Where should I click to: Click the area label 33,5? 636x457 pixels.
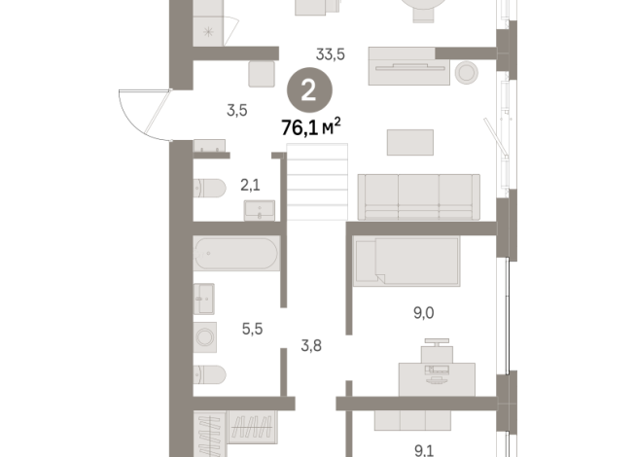coord(332,54)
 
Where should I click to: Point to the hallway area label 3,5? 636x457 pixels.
coord(236,109)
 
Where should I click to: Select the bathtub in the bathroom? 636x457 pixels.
coord(236,254)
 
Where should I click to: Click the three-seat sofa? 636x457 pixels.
coord(419,195)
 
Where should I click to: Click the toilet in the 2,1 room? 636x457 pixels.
coord(210,187)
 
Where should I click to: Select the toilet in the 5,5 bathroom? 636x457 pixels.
coord(210,374)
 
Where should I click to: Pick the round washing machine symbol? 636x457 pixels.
coord(206,336)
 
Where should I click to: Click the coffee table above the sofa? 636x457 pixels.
coord(409,143)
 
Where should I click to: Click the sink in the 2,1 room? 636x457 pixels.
coord(259,209)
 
